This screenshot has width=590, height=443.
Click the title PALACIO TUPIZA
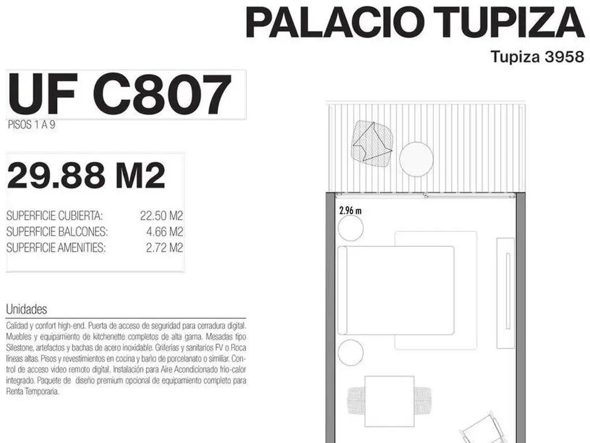[x=415, y=22]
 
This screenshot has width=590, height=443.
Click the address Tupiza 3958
[x=538, y=57]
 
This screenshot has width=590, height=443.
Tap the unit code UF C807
[x=119, y=94]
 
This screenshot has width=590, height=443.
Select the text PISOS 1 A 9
[x=32, y=125]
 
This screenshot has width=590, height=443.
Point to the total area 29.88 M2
[x=86, y=175]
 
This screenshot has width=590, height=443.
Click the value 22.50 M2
[x=161, y=216]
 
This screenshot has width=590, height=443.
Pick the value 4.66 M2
[x=165, y=232]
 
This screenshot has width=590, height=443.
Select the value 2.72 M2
[x=164, y=248]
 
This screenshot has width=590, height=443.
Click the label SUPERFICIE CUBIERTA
[x=55, y=216]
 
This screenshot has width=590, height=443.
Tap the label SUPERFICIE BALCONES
[x=57, y=232]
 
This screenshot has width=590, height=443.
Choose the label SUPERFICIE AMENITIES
[x=56, y=248]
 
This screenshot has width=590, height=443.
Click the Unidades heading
[x=27, y=309]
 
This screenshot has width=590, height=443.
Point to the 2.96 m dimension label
[x=350, y=211]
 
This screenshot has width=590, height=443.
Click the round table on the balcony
[x=416, y=159]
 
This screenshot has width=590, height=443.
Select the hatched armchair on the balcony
[x=373, y=144]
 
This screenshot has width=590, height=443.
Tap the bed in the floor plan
[x=396, y=291]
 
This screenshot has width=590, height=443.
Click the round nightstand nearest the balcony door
[x=350, y=228]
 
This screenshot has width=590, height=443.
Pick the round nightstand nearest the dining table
[x=350, y=352]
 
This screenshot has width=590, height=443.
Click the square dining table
[x=389, y=401]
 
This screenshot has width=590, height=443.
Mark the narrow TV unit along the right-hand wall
[x=505, y=293]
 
